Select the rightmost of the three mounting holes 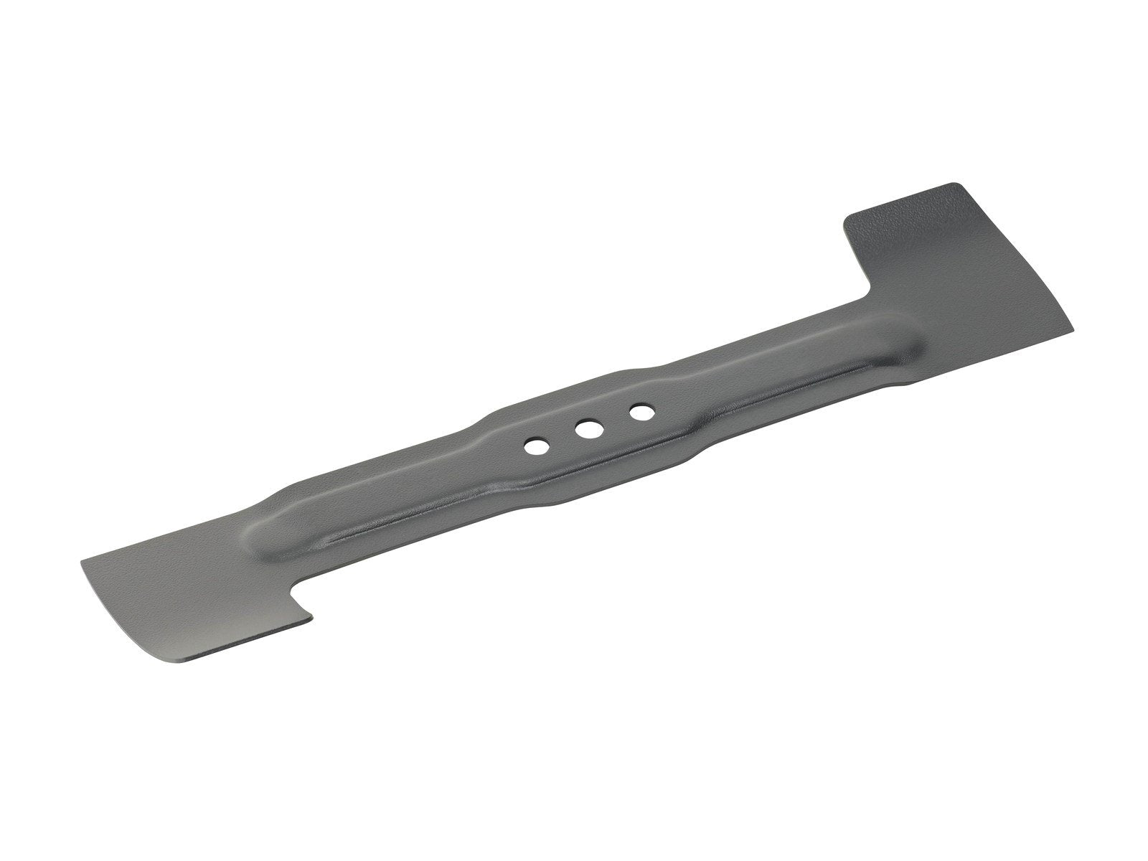pyautogui.click(x=641, y=413)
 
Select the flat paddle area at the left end pyautogui.click(x=172, y=567)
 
